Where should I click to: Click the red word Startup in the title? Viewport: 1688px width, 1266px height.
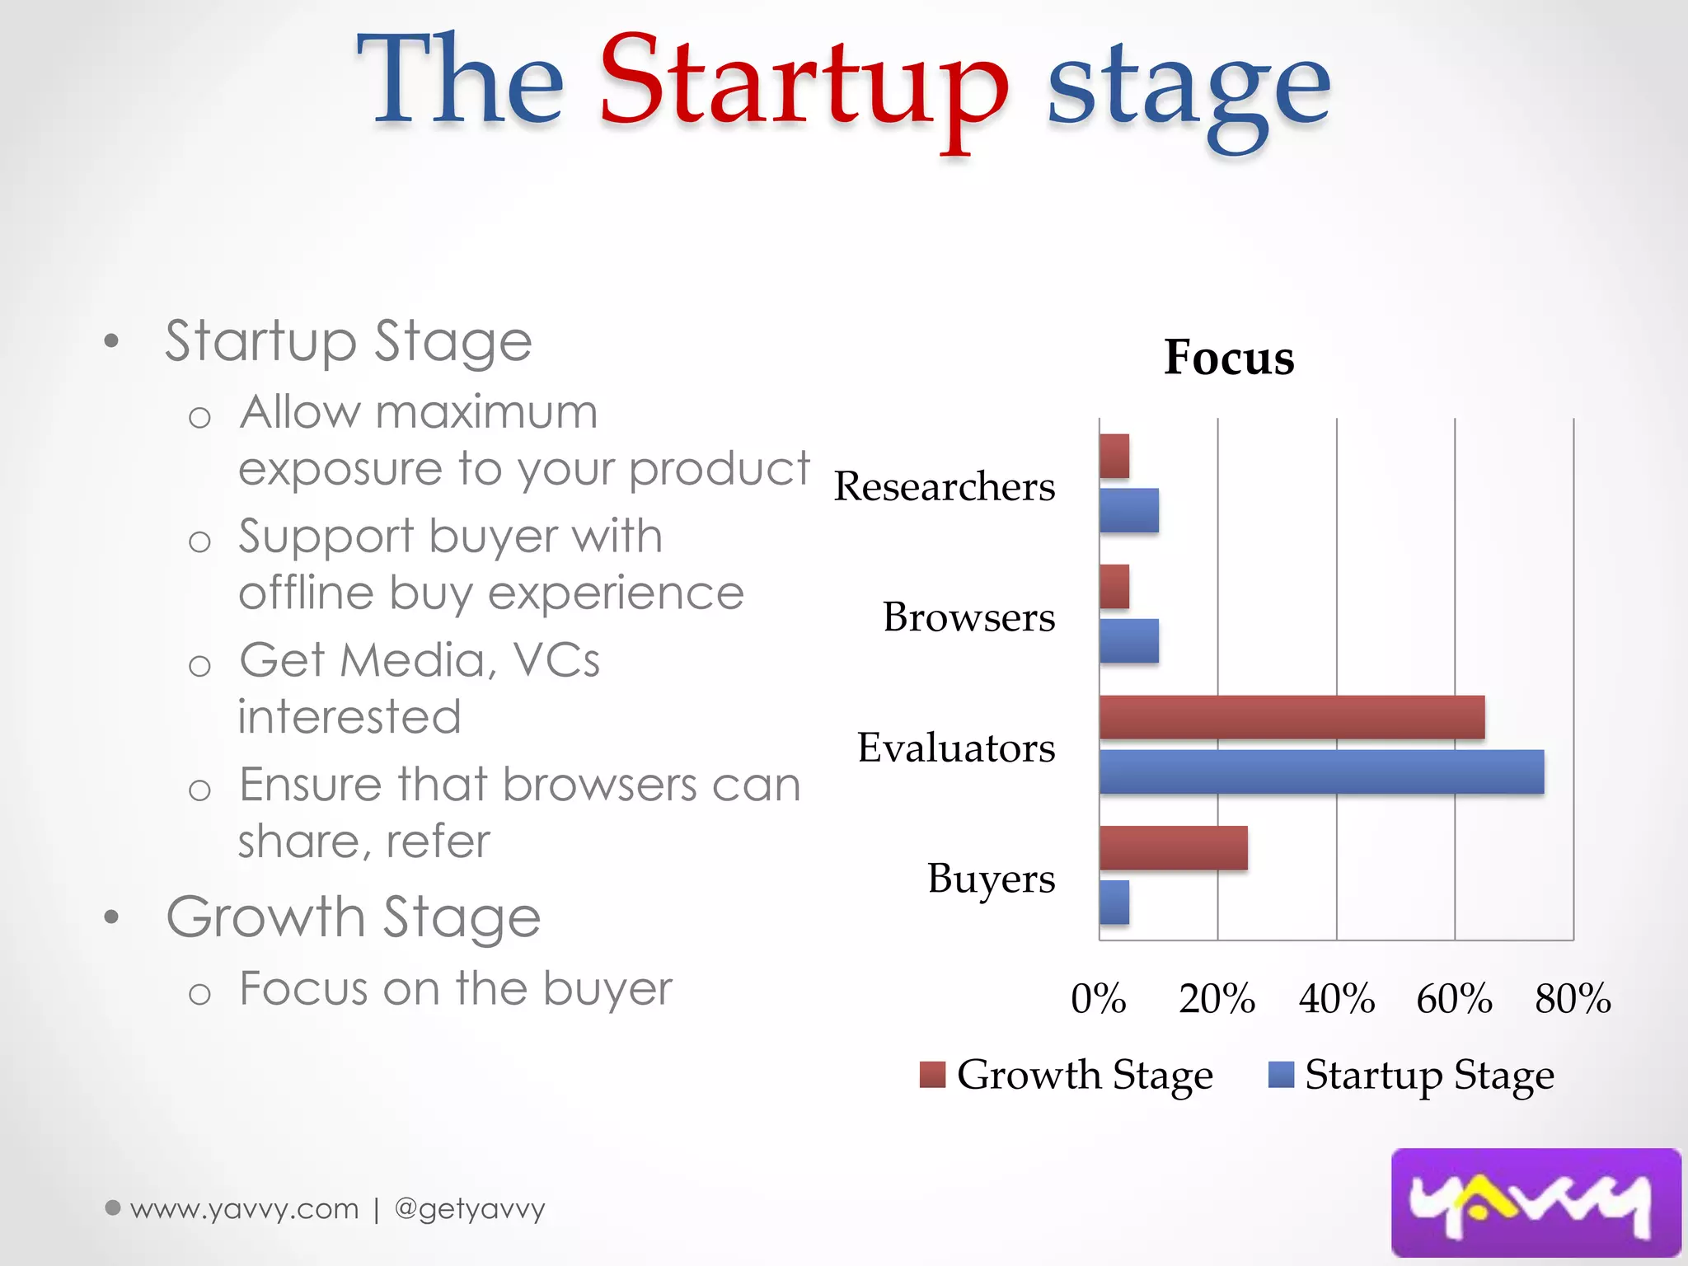point(804,82)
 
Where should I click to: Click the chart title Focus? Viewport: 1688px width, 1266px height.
point(1228,358)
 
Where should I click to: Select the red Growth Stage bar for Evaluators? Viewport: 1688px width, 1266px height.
point(1292,717)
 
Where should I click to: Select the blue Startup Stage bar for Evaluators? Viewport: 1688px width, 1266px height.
point(1321,771)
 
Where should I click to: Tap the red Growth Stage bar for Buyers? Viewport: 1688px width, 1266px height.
point(1173,847)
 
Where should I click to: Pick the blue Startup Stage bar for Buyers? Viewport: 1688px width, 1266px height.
point(1114,902)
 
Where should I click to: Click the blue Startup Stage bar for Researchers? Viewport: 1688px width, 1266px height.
point(1129,510)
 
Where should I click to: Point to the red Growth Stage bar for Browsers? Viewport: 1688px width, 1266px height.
point(1114,587)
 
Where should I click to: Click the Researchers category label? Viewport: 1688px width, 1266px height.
point(944,486)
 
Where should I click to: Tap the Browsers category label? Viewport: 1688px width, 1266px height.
point(968,617)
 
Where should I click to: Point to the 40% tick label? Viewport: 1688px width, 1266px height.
point(1336,999)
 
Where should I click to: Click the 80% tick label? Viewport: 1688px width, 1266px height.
point(1573,999)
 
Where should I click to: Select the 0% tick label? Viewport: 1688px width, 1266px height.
point(1099,999)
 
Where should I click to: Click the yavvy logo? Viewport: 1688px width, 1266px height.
point(1535,1203)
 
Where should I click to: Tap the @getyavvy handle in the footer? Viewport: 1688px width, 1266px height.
point(470,1209)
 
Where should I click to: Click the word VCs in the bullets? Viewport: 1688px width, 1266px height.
point(556,660)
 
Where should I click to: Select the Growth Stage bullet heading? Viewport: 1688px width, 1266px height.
point(353,917)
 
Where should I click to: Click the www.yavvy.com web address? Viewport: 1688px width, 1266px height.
point(245,1209)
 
